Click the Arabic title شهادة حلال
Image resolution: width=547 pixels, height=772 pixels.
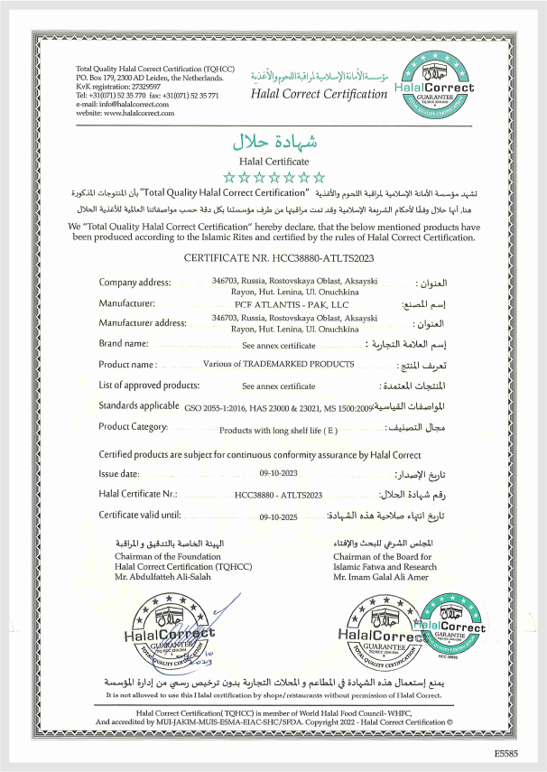[273, 142]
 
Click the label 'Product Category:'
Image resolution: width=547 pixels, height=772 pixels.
[134, 426]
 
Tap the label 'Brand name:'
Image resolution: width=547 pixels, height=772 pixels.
[123, 344]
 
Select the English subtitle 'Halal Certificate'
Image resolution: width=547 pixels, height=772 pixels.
[273, 160]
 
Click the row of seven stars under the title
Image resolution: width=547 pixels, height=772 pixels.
[273, 177]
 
